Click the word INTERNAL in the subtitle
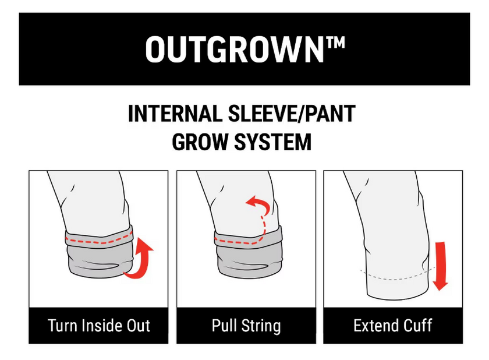click(x=175, y=114)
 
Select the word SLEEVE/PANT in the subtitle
click(x=292, y=114)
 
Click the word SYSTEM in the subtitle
click(x=273, y=142)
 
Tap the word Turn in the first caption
click(x=61, y=326)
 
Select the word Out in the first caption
click(x=139, y=326)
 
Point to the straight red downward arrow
click(x=441, y=266)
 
